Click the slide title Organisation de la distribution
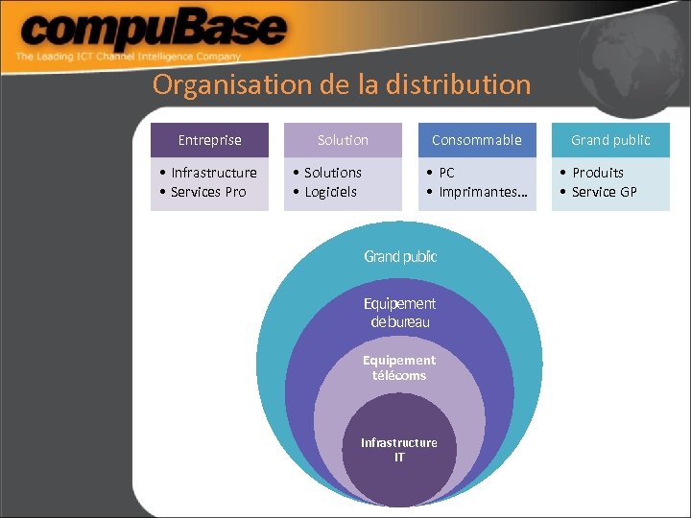point(341,84)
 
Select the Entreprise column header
point(209,140)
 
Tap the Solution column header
point(343,140)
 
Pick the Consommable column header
point(476,140)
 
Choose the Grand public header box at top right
point(610,140)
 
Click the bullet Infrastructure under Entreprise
point(213,173)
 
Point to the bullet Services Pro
point(207,192)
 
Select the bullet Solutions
point(332,173)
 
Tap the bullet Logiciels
point(329,192)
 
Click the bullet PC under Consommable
point(446,173)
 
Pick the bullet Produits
point(597,173)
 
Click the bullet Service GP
point(604,192)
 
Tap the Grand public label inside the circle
point(400,256)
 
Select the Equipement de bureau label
point(399,313)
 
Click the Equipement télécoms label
point(399,367)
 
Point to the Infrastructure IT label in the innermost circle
point(399,449)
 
